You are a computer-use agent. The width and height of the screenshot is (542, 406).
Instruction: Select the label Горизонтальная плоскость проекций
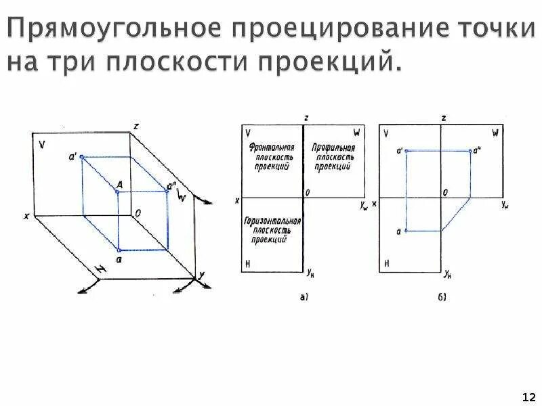(272, 230)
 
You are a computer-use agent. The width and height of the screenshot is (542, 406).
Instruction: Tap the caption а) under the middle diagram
(304, 296)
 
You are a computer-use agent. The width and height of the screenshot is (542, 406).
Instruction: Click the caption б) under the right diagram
(442, 296)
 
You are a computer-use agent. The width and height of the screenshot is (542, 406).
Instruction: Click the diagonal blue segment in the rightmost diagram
(457, 214)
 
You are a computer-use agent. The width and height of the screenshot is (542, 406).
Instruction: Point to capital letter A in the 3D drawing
(119, 184)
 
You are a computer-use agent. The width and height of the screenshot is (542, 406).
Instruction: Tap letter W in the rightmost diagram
(495, 133)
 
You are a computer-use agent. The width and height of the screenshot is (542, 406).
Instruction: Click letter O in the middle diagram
(308, 192)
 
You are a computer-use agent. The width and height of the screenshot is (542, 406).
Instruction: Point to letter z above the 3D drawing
(136, 126)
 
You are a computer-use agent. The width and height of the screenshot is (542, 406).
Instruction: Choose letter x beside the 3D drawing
(26, 216)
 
